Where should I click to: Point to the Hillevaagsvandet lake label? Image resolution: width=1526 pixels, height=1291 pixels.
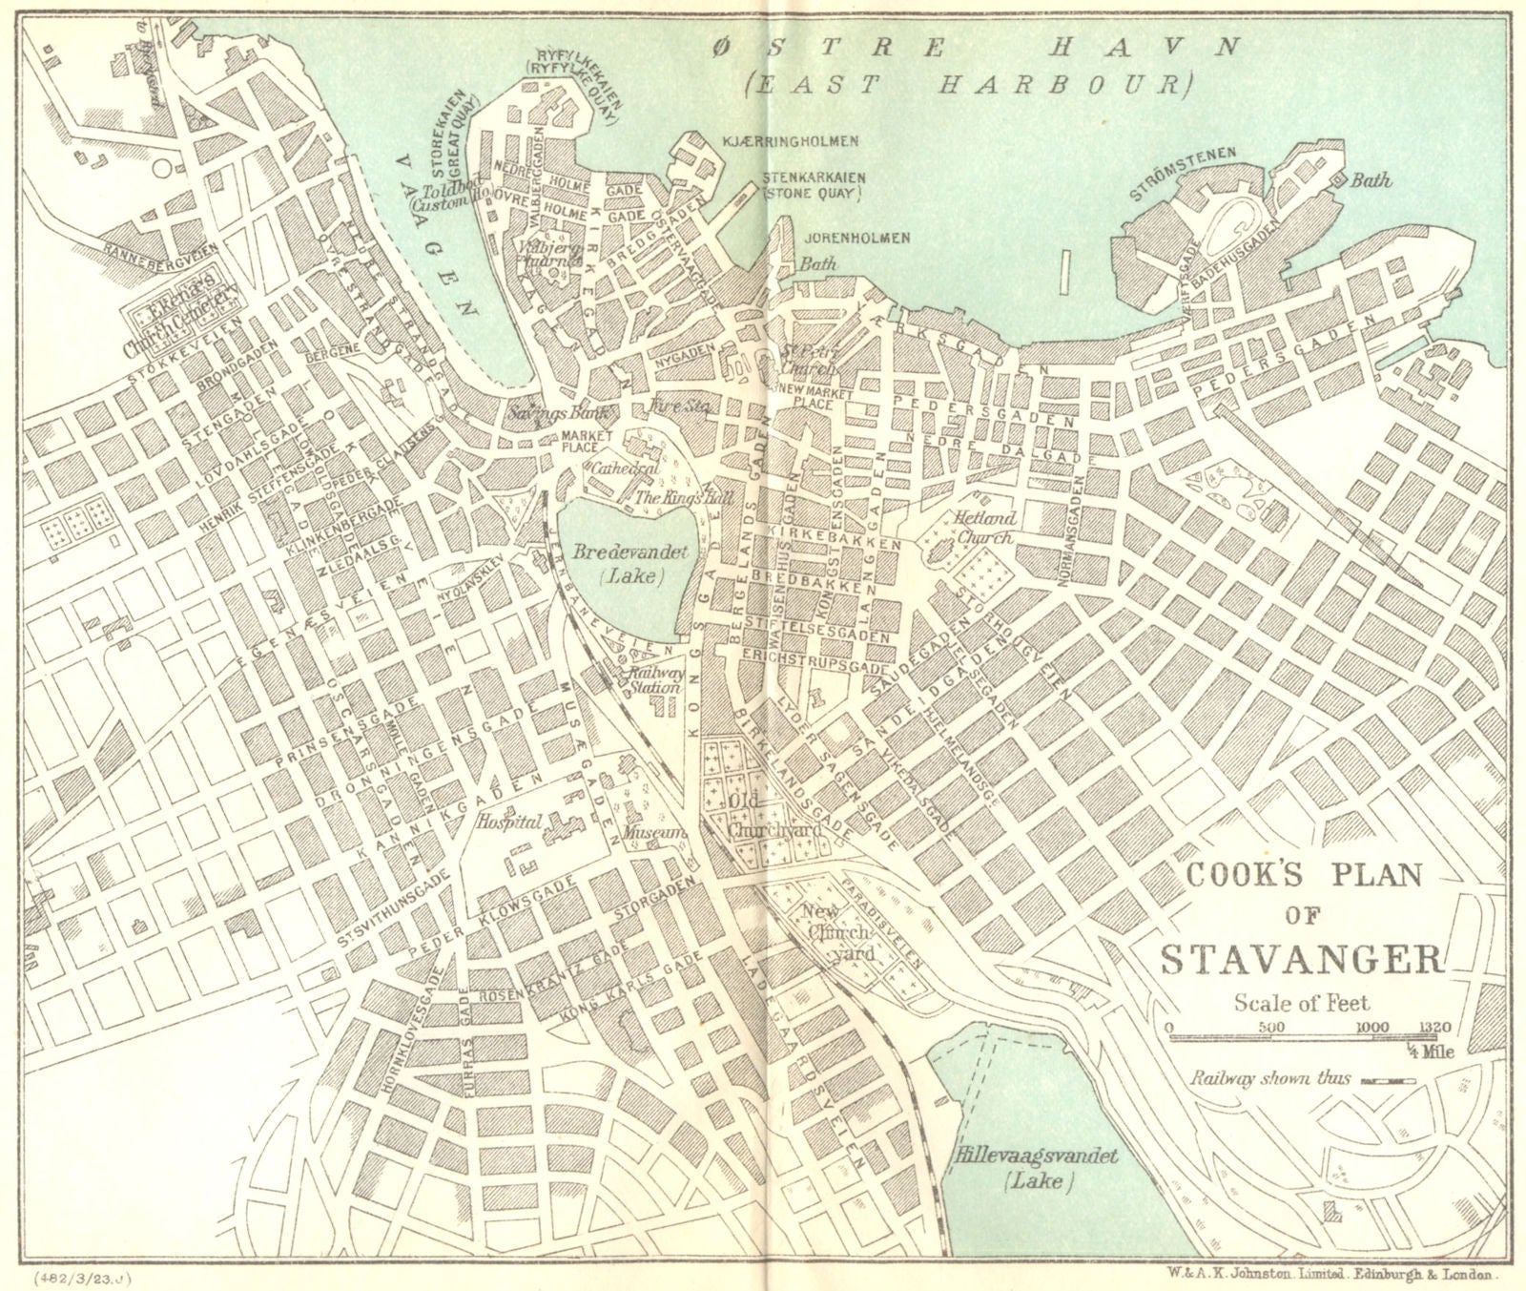point(1035,1166)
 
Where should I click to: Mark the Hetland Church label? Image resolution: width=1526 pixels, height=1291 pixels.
point(982,527)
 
